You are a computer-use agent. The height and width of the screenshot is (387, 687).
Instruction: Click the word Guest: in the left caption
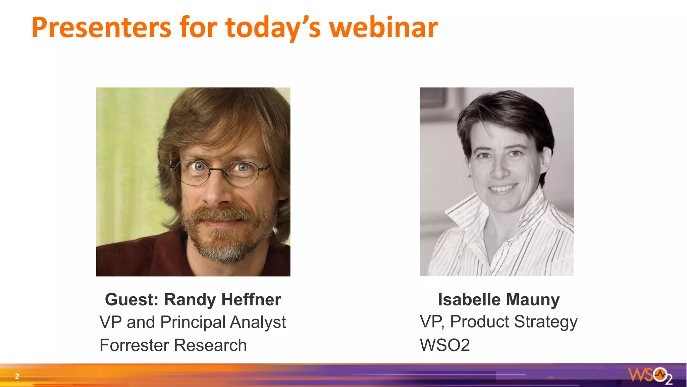point(131,299)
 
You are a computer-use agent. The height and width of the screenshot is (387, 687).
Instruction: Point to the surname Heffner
point(251,299)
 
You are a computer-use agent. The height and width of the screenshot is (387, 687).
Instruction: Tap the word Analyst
point(258,322)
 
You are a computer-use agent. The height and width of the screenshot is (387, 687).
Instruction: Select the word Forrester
point(134,345)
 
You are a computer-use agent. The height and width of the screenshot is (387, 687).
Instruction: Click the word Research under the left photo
point(210,345)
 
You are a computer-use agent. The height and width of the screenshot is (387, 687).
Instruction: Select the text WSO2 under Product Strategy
point(445,345)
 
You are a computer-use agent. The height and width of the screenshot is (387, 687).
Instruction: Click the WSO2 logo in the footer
point(650,375)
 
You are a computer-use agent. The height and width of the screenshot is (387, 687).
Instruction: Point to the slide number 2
point(17,376)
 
